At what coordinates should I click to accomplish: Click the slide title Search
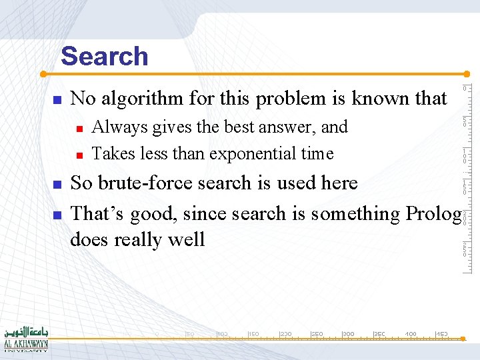pos(104,56)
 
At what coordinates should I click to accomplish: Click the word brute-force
pos(150,183)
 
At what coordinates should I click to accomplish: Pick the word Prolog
pos(433,213)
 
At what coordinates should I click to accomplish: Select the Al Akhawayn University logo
pos(25,339)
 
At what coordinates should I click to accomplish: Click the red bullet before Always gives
pos(79,128)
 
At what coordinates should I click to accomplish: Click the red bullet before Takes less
pos(79,155)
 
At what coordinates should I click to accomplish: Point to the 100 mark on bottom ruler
pos(222,333)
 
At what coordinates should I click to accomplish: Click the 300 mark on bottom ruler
pos(348,333)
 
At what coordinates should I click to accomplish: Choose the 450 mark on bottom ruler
pos(441,333)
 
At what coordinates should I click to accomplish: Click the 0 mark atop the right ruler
pos(466,89)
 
